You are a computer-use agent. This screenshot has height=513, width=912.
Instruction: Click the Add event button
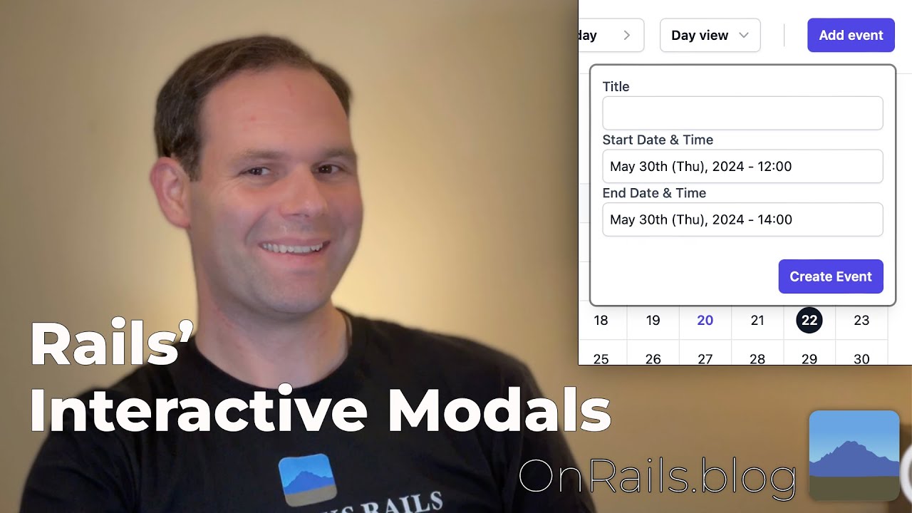[x=851, y=35]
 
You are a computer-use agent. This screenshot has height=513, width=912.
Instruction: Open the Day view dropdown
[x=710, y=35]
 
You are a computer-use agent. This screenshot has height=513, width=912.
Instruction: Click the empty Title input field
[x=742, y=113]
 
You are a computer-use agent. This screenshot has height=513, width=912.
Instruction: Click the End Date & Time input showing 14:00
[x=742, y=219]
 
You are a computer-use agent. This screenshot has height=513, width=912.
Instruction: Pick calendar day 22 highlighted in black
[x=809, y=321]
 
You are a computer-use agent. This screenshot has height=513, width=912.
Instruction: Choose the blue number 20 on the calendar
[x=705, y=321]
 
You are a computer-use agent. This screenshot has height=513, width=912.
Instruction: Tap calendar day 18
[x=601, y=321]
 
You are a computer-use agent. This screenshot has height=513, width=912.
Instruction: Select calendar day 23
[x=861, y=321]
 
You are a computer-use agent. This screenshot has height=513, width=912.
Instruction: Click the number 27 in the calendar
[x=705, y=359]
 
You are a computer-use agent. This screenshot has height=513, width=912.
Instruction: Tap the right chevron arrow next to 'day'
[x=627, y=35]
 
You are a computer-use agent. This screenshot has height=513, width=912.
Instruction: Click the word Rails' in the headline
[x=111, y=345]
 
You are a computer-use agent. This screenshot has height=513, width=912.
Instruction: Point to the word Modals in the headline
[x=499, y=412]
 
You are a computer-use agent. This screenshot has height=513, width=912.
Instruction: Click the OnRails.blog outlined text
[x=657, y=477]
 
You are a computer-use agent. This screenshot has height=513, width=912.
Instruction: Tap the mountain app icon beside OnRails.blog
[x=854, y=455]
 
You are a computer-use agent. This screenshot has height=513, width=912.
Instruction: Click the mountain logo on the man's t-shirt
[x=307, y=480]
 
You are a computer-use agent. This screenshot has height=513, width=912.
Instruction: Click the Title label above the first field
[x=616, y=87]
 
